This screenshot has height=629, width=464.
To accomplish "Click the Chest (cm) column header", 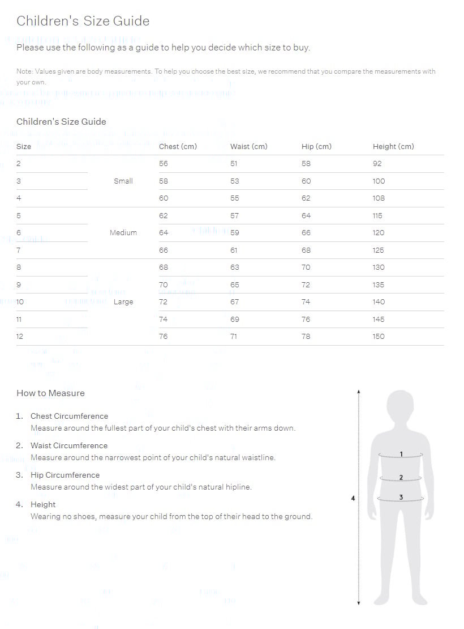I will (x=178, y=146).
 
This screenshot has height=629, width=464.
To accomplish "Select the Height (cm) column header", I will (x=393, y=146).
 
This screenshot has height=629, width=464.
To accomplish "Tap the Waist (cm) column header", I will (x=248, y=146).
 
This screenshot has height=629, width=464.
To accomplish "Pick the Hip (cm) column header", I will (x=316, y=146).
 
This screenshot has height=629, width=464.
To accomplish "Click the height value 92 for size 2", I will (x=377, y=164).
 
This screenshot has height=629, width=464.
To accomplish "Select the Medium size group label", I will (x=123, y=233).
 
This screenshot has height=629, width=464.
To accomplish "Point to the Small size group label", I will (x=123, y=181).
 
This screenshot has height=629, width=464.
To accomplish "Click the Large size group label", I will (x=123, y=302).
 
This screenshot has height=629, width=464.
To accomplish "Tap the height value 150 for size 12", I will (x=379, y=337).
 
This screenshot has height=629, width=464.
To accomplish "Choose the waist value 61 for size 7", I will (x=234, y=250).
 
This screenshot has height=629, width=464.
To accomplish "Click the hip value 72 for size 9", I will (x=306, y=285).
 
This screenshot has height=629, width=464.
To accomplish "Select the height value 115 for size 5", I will (x=377, y=216).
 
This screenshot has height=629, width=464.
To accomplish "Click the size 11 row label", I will (x=19, y=320).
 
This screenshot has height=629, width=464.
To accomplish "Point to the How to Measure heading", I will (x=50, y=393).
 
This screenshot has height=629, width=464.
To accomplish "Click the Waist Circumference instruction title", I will (x=68, y=446).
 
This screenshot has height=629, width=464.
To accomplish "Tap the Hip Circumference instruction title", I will (x=65, y=475).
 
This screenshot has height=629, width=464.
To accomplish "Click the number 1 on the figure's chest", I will (x=401, y=454).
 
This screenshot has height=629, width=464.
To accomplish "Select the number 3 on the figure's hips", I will (x=401, y=498).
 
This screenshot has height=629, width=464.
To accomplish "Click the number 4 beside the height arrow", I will (x=353, y=499).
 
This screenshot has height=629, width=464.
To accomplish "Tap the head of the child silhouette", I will (x=401, y=406).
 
